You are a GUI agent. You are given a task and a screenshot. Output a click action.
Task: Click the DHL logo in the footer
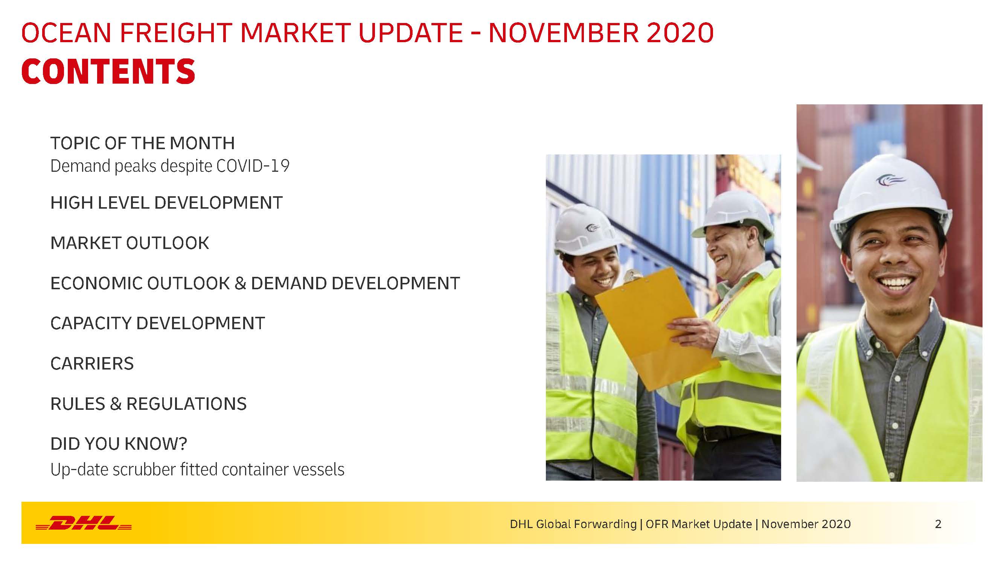[x=84, y=523]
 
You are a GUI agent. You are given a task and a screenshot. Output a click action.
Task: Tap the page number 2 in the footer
[x=938, y=524]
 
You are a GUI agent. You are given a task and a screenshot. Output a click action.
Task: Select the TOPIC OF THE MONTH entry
[x=143, y=143]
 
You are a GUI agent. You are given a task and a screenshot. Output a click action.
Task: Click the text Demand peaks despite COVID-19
[x=170, y=166]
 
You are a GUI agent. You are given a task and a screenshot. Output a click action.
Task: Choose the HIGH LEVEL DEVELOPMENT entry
[x=166, y=203]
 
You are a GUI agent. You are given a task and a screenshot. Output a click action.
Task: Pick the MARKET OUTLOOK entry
[x=130, y=243]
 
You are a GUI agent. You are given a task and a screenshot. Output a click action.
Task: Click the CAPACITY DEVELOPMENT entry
[x=158, y=323]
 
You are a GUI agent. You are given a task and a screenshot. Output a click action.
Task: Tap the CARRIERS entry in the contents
[x=92, y=363]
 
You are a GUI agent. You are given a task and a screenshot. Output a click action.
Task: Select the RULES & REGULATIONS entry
[x=148, y=403]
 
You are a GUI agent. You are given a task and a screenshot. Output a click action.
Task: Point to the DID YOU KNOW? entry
[x=119, y=444]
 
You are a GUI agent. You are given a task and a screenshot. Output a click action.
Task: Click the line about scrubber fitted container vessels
[x=198, y=469]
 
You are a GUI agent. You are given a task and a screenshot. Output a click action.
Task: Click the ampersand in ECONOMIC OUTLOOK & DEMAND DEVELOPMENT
[x=240, y=284]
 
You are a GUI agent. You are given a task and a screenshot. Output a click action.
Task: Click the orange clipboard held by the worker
[x=657, y=328]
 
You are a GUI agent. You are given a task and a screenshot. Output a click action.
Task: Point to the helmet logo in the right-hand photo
[x=891, y=180]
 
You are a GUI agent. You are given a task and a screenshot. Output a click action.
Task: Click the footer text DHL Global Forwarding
[x=573, y=524]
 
